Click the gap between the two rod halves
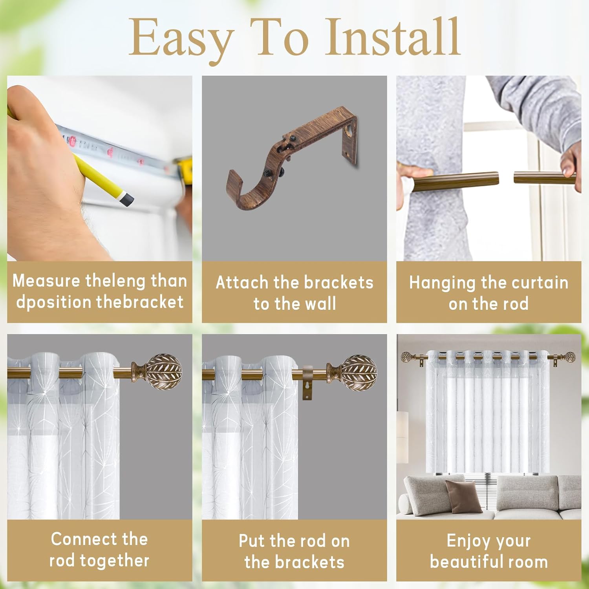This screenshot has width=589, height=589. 506,179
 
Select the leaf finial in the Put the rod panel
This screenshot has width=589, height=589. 359,372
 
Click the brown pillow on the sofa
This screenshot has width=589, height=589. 463,496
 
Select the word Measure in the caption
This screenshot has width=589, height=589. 46,281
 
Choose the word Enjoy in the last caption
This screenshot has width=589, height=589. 466,541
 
